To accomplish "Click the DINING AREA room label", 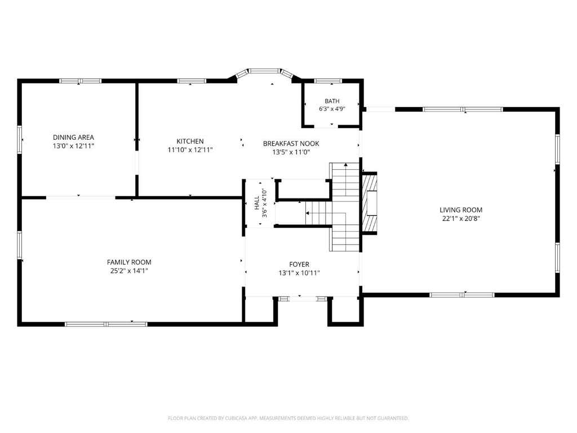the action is [x=73, y=138].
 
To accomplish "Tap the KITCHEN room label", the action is [x=190, y=142].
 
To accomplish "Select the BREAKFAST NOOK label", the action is [x=291, y=144].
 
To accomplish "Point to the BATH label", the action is [x=332, y=101].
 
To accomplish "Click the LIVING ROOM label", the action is [x=461, y=210].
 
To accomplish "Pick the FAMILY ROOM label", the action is [x=129, y=262].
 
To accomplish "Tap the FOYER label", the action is [x=299, y=264].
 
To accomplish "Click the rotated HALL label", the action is [x=257, y=203].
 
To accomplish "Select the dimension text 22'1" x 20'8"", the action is [x=461, y=219].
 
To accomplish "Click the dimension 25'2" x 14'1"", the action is [x=129, y=271].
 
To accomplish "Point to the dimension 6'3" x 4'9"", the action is [x=332, y=109].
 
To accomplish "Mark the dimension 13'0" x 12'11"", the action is [x=73, y=146].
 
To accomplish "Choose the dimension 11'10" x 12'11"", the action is [x=190, y=150].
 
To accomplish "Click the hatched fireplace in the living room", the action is [x=370, y=203].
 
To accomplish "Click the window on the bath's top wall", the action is [x=328, y=81].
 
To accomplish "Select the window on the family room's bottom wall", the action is [x=106, y=324].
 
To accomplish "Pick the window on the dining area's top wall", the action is [x=81, y=81].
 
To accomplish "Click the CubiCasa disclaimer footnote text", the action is [x=288, y=418].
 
